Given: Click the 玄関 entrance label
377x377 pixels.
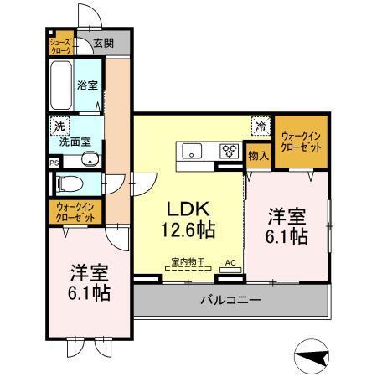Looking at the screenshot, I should (x=103, y=43).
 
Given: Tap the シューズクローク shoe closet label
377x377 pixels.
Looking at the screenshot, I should (x=60, y=44).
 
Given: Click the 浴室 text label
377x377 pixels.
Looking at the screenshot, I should (x=88, y=85).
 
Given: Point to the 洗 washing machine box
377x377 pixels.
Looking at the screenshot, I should (x=59, y=126).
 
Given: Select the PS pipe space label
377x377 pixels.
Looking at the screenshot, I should (x=54, y=163).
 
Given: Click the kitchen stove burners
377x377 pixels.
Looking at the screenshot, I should (x=228, y=152).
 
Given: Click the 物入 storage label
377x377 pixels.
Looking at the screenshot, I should (x=259, y=156).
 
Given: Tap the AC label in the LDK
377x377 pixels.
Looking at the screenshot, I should (x=229, y=261).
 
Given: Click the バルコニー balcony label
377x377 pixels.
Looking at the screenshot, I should (x=230, y=299).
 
